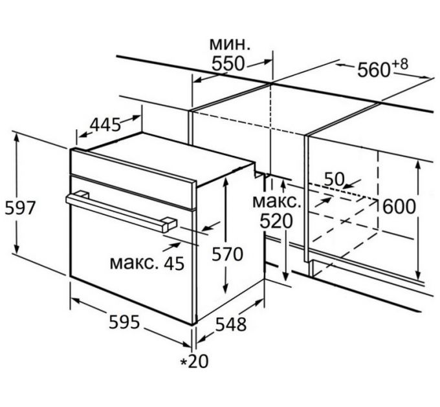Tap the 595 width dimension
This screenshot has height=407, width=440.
[x=125, y=322]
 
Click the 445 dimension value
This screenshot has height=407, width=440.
[x=105, y=124]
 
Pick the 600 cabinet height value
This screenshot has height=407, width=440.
[x=399, y=206]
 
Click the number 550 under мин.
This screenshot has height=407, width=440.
[x=228, y=64]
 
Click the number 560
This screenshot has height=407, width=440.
[x=371, y=69]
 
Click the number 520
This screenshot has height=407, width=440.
[x=276, y=221]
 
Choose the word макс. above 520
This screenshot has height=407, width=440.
[x=276, y=200]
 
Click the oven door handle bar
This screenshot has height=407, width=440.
[x=116, y=207]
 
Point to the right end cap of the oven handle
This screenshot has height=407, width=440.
[x=168, y=224]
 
